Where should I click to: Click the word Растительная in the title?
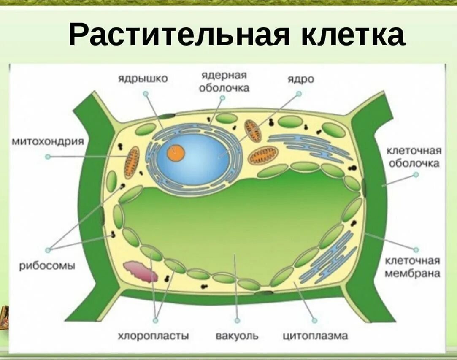point(179,35)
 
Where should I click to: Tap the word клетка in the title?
point(353,35)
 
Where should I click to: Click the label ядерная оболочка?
point(224,81)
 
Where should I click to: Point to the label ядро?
point(300,79)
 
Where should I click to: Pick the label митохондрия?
point(47,142)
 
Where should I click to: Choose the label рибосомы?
point(47,266)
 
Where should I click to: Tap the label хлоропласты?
point(153,336)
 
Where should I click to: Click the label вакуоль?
point(237,336)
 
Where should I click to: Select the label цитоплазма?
point(315,336)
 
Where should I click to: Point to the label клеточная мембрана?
point(413,267)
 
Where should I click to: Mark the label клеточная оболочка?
point(414,157)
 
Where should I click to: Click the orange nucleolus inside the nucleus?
point(176,153)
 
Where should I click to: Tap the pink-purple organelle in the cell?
point(141,271)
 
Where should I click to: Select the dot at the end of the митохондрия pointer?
point(48,156)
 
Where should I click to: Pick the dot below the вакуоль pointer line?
point(237,321)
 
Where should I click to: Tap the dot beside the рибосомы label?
point(48,250)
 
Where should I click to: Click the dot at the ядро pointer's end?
point(299,94)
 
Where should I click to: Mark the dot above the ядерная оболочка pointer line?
point(222,97)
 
